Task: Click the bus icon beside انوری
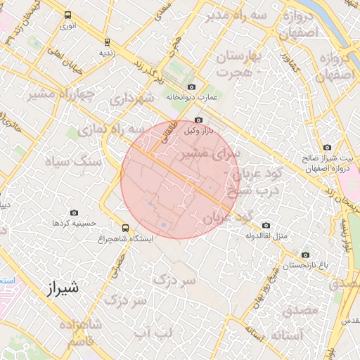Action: tap(67, 15)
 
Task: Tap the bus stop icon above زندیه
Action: tap(107, 41)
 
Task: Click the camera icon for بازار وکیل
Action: tap(198, 120)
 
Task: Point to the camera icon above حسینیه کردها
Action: tap(75, 212)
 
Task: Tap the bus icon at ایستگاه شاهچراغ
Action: tap(125, 228)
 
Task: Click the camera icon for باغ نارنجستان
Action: tap(304, 255)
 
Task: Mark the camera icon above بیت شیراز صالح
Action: tap(327, 147)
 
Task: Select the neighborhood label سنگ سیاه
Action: tap(74, 162)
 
